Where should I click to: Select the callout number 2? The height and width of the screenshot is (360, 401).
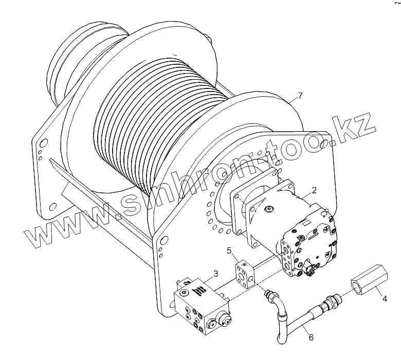coord(314,190)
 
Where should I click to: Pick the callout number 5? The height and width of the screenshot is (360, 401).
coord(231,251)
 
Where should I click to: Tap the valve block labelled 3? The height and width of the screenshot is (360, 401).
coord(200,307)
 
